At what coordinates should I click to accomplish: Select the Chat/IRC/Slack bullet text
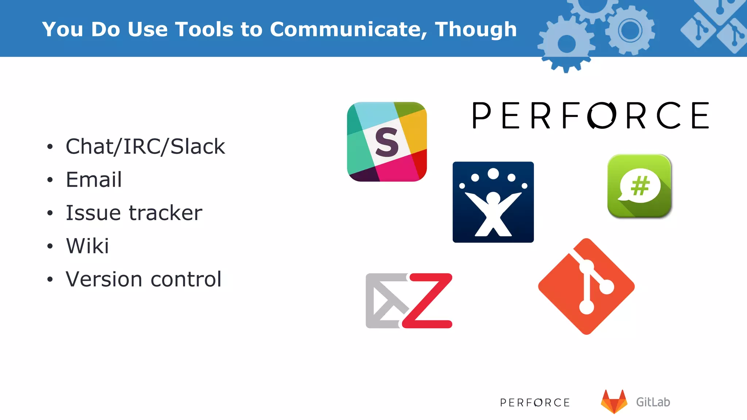pos(145,147)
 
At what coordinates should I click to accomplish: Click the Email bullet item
pos(94,180)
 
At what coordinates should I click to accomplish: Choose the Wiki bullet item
pos(88,246)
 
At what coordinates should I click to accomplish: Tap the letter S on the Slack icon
pos(387,143)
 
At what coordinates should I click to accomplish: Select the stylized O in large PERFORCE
pos(602,116)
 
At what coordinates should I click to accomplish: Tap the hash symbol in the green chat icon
pos(640,186)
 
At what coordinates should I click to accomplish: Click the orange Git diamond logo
pos(587,287)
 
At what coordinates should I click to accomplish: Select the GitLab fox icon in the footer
pos(614,402)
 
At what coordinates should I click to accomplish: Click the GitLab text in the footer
pos(653,402)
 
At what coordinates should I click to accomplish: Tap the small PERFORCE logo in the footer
pos(535,402)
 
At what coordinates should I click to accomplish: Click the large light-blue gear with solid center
pos(566,44)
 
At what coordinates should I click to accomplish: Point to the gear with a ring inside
pos(630,30)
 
